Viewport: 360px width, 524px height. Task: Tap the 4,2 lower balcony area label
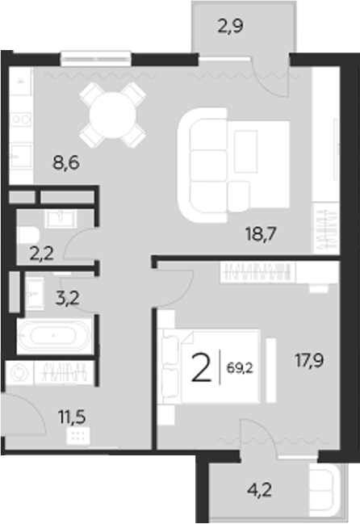click(x=262, y=489)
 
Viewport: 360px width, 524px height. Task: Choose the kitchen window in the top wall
click(x=95, y=57)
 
